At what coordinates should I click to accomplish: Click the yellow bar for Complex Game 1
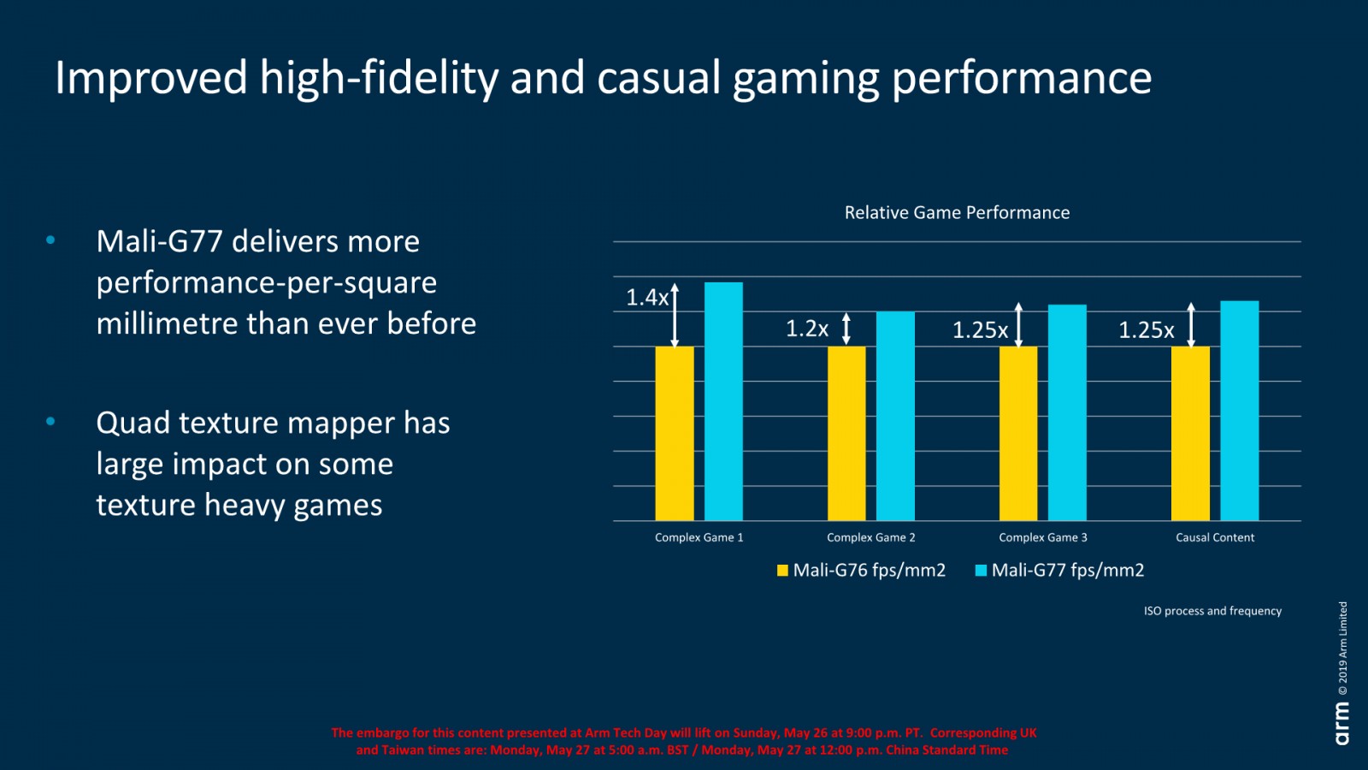pos(675,433)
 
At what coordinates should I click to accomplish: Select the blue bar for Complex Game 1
pos(723,401)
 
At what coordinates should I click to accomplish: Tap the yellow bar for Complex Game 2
pos(846,433)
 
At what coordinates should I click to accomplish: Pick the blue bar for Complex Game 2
pos(895,416)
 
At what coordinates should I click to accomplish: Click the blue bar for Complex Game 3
pos(1067,412)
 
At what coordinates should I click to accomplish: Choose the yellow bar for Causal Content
pos(1190,433)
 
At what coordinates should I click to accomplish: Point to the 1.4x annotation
pos(647,298)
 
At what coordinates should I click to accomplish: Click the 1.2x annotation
pos(807,329)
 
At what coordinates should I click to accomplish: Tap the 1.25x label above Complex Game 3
pos(980,330)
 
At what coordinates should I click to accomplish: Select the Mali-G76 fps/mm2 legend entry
pos(861,571)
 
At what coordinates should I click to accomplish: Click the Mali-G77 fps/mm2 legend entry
pos(1059,571)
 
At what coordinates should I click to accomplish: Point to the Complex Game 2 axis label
pos(870,537)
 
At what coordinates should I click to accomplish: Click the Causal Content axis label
pos(1215,537)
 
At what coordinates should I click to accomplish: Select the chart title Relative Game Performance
pos(957,213)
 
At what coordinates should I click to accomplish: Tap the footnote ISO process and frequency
pos(1212,611)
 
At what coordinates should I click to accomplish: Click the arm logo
pos(1342,723)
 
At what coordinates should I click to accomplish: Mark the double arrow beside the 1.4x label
pos(675,315)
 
